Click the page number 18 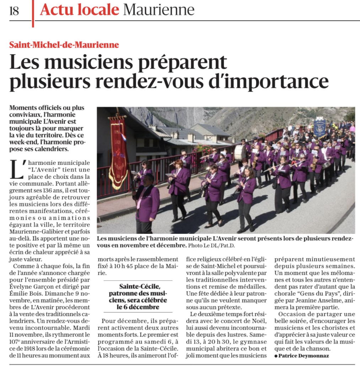(x=14, y=11)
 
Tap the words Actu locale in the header (x=79, y=10)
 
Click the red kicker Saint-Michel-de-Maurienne (x=64, y=45)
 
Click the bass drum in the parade (x=240, y=152)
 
